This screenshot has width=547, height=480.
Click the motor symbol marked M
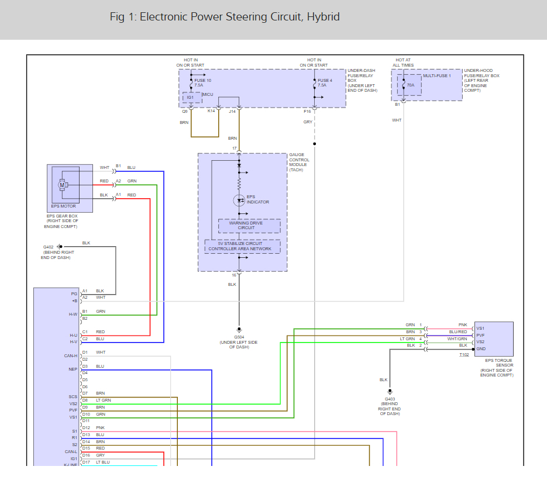(x=63, y=185)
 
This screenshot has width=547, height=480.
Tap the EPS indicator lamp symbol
(x=239, y=201)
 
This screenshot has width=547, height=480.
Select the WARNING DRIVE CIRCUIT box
(x=249, y=226)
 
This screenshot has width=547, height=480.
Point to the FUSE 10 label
(x=202, y=81)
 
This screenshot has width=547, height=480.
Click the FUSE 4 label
(x=325, y=81)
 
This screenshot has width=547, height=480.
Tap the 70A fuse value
(x=411, y=85)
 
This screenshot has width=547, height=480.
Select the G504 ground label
(x=239, y=337)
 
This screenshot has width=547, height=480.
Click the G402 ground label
(x=48, y=247)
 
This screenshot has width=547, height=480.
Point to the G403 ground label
(x=390, y=399)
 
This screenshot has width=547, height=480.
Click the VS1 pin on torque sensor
(x=480, y=329)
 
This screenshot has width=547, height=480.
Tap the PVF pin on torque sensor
(x=480, y=336)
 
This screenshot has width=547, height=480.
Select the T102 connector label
(x=464, y=355)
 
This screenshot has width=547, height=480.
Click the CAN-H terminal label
(x=71, y=356)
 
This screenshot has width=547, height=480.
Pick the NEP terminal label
(x=73, y=369)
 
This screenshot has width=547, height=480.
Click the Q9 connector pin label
(x=184, y=112)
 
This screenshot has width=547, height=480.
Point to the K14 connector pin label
(x=211, y=111)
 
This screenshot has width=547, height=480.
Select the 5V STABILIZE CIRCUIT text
(x=240, y=244)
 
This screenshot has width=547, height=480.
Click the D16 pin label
(x=86, y=455)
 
